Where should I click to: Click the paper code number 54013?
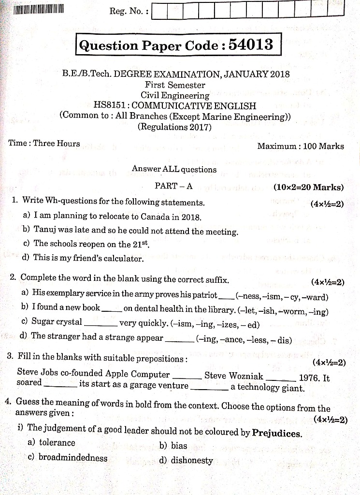pyautogui.click(x=251, y=44)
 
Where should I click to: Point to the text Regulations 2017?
pyautogui.click(x=175, y=127)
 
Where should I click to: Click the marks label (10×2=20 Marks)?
pyautogui.click(x=308, y=188)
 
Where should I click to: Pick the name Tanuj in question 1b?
pyautogui.click(x=44, y=230)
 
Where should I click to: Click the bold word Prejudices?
pyautogui.click(x=277, y=433)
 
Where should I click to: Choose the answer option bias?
pyautogui.click(x=179, y=446)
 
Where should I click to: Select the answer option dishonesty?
pyautogui.click(x=191, y=461)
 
